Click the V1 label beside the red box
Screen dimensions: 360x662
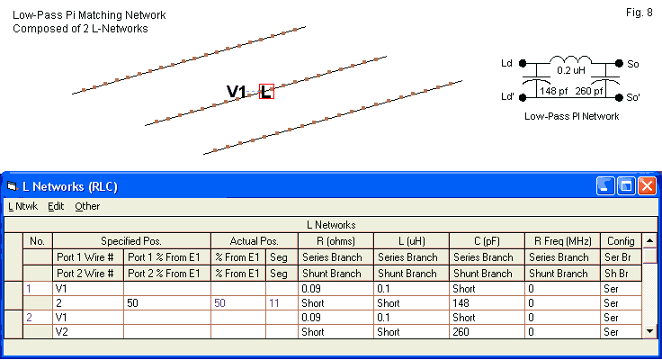point(237,91)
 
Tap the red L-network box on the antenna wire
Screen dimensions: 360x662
point(266,91)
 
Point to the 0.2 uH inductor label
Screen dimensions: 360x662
point(573,70)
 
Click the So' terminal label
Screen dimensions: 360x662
point(634,97)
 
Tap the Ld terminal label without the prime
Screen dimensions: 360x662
point(505,64)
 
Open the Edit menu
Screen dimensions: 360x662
point(56,206)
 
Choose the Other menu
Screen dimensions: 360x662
point(87,206)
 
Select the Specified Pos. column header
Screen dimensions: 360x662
point(131,241)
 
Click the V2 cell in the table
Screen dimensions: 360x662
point(62,332)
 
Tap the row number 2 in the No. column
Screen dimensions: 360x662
point(29,318)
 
